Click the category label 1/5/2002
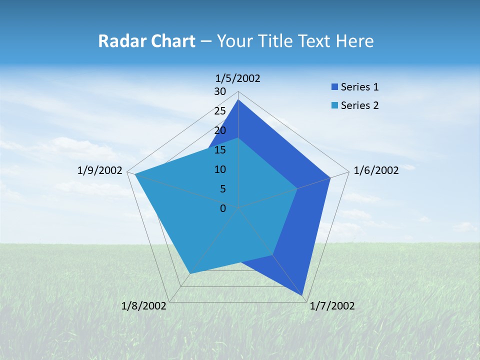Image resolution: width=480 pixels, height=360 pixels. pos(238,78)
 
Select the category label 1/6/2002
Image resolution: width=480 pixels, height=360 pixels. pos(376,170)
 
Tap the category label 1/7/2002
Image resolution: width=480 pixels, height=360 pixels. pos(332,306)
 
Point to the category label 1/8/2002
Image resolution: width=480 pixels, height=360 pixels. pos(144,306)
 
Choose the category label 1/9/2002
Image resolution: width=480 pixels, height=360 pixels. pos(100,170)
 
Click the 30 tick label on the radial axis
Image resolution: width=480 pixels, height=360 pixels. pos(220,91)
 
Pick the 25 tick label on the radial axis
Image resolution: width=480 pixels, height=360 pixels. pos(220,111)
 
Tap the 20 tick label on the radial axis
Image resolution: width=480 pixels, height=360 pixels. pos(220,130)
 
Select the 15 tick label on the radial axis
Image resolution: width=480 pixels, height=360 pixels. pos(220,150)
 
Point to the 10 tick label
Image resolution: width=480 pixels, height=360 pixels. pos(220,169)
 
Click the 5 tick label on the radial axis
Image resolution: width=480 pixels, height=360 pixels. pos(223,189)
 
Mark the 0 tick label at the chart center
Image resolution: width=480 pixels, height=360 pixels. pos(223,208)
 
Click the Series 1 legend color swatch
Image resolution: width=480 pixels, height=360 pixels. pos(335,87)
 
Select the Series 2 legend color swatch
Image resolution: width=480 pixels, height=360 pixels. pos(335,105)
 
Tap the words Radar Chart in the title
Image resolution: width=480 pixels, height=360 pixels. pos(146,41)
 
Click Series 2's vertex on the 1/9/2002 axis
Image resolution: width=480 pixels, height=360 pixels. pos(135,174)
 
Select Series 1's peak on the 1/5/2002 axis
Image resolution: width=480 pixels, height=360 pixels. pos(238,100)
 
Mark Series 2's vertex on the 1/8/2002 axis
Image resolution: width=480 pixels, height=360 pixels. pos(190,273)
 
